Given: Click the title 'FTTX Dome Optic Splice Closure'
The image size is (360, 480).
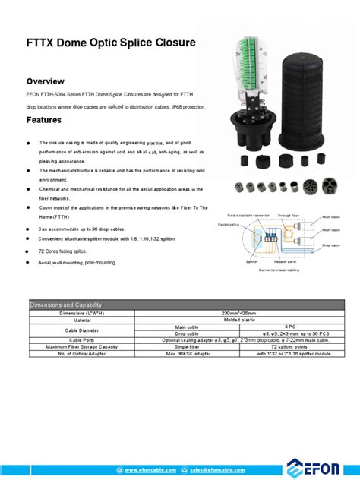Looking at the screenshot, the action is tap(111, 43).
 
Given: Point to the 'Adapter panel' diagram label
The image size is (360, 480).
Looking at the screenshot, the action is tap(286, 261).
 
